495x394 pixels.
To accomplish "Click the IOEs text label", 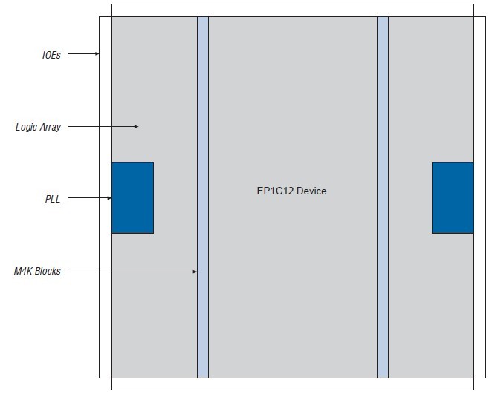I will click(51, 54).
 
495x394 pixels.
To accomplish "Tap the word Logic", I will click(27, 128).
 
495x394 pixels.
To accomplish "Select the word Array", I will click(51, 128).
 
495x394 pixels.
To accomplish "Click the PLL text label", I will click(52, 199).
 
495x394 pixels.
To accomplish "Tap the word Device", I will click(311, 191).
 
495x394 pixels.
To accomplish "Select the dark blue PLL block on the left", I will click(132, 198).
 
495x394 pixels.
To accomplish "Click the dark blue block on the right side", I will click(453, 198).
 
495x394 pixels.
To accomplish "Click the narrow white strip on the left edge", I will click(106, 223).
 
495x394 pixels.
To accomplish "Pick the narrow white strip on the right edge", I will click(480, 223).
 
